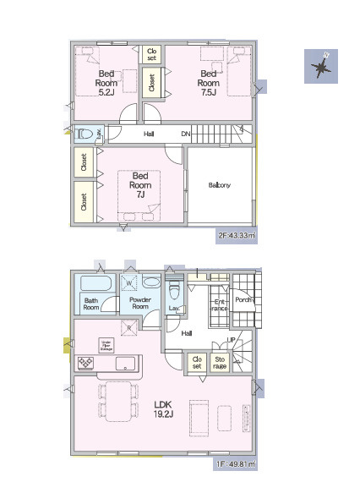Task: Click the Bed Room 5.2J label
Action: click(106, 83)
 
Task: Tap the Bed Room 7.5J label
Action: click(209, 83)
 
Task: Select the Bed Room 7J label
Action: click(140, 185)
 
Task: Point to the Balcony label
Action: click(220, 185)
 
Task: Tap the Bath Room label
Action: click(91, 304)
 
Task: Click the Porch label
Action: click(244, 299)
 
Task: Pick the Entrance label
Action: click(220, 305)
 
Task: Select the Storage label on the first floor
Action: click(220, 363)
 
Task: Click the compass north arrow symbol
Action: click(321, 66)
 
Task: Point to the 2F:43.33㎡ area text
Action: click(237, 236)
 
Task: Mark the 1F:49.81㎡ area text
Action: click(237, 464)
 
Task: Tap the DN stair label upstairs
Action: click(185, 134)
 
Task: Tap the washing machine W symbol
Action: click(129, 283)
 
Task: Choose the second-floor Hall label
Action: click(148, 134)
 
